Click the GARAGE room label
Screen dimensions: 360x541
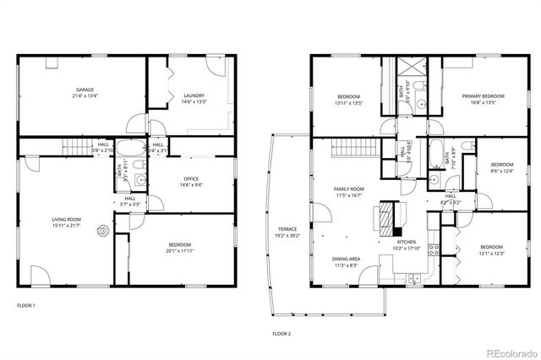[x=85, y=90]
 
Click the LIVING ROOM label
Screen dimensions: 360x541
[x=66, y=219]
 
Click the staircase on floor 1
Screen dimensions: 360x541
[x=78, y=148]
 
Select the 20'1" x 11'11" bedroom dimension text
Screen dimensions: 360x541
[x=179, y=251]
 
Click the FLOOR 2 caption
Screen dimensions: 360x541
[x=281, y=334]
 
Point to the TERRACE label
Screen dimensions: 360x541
[x=288, y=229]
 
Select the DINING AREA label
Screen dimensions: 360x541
[x=347, y=259]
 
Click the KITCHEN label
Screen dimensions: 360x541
[x=407, y=243]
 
